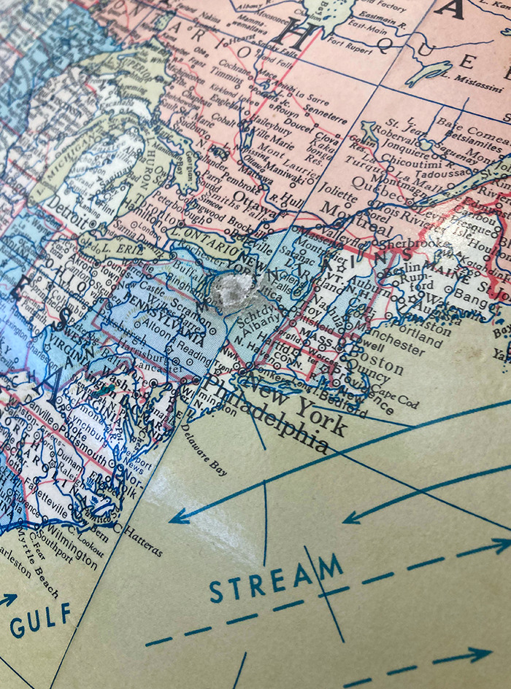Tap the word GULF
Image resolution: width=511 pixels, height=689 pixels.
[x=41, y=618]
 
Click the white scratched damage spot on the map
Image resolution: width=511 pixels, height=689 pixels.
[x=235, y=295]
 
